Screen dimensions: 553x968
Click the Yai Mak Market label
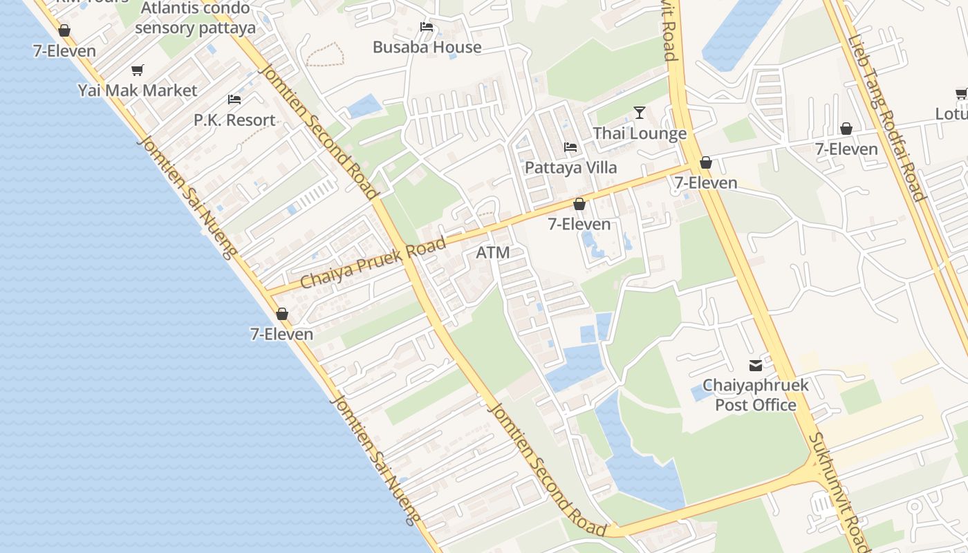point(137,91)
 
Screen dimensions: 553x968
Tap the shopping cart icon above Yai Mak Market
point(137,70)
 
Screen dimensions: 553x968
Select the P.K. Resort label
point(234,120)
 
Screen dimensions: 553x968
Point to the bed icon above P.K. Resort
point(234,100)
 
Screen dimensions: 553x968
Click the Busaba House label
point(427,48)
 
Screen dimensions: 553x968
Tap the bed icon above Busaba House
point(427,27)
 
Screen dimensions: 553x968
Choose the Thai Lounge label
point(640,133)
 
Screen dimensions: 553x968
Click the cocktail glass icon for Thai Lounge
point(640,113)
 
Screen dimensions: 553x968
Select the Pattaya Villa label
point(570,167)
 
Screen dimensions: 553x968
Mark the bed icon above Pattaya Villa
point(570,147)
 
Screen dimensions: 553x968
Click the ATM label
point(493,253)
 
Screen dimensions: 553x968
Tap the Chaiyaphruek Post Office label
point(755,395)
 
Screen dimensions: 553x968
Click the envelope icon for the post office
point(755,365)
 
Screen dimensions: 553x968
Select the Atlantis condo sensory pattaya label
point(195,19)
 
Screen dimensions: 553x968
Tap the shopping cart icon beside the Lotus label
point(961,93)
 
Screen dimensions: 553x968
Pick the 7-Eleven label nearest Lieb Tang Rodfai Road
point(846,149)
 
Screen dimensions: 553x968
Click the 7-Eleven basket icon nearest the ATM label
point(579,204)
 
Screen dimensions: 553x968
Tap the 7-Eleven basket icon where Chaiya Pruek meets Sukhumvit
point(706,162)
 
